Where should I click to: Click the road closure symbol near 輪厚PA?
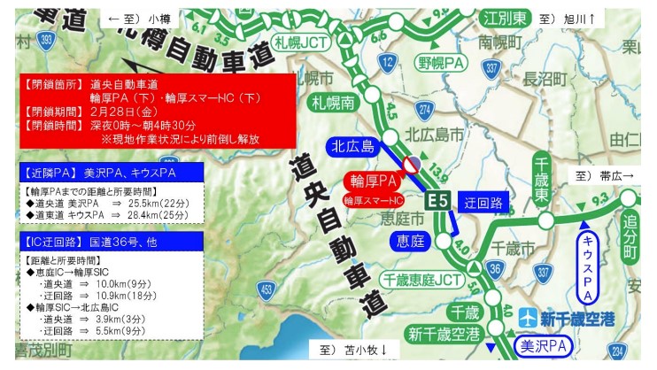tap(411, 165)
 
